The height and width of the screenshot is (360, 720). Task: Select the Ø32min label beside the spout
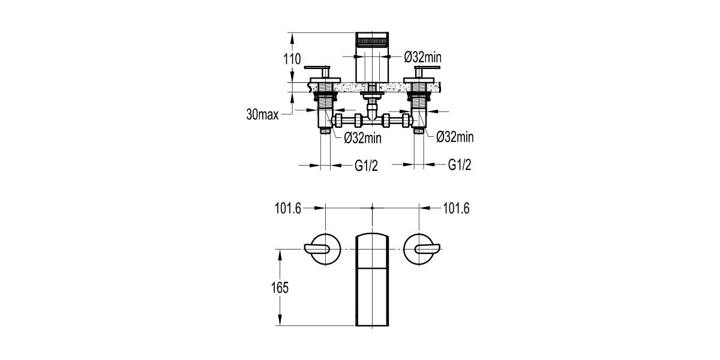point(423,58)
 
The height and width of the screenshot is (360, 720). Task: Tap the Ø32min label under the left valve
point(362,138)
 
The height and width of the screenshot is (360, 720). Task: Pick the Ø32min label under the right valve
point(455,137)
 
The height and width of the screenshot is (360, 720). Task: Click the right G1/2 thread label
point(460,166)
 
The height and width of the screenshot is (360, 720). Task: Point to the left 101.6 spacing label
point(288,208)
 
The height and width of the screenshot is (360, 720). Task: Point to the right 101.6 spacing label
point(456,208)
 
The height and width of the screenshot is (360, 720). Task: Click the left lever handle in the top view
point(320,248)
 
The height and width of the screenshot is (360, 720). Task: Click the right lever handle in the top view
point(425,248)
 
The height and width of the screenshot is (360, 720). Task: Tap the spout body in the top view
point(372,279)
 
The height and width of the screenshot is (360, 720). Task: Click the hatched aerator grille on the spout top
point(372,41)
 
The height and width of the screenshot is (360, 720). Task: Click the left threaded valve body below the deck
point(325,111)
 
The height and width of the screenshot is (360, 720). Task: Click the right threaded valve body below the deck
point(421,111)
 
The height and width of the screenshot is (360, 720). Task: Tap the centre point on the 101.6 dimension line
point(373,208)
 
